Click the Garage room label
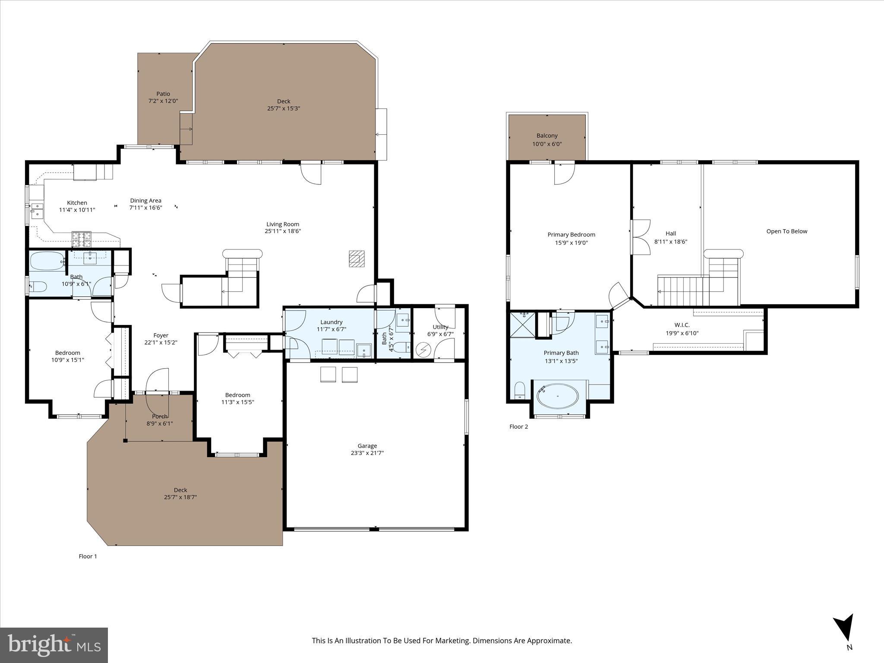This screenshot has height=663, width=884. click(x=367, y=446)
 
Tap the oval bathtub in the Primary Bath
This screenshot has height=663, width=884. click(x=558, y=396)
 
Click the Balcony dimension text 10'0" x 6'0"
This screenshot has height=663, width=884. click(x=547, y=144)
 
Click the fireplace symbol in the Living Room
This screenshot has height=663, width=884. click(x=357, y=259)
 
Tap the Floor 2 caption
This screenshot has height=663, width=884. click(x=518, y=426)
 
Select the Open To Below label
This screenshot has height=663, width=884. click(x=786, y=231)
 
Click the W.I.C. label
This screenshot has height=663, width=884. click(x=682, y=325)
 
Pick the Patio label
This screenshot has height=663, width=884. click(x=163, y=94)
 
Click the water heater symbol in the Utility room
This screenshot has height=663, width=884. click(x=423, y=349)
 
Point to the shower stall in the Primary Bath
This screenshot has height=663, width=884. click(x=522, y=325)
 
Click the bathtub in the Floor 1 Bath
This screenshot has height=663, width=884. click(x=47, y=261)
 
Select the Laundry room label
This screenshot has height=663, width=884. click(x=331, y=322)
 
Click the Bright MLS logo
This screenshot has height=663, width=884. click(x=54, y=645)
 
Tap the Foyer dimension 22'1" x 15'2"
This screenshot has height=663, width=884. click(x=161, y=343)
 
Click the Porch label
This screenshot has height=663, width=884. click(x=159, y=417)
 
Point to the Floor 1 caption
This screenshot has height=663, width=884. click(x=88, y=556)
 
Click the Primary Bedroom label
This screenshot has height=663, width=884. click(x=571, y=235)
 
